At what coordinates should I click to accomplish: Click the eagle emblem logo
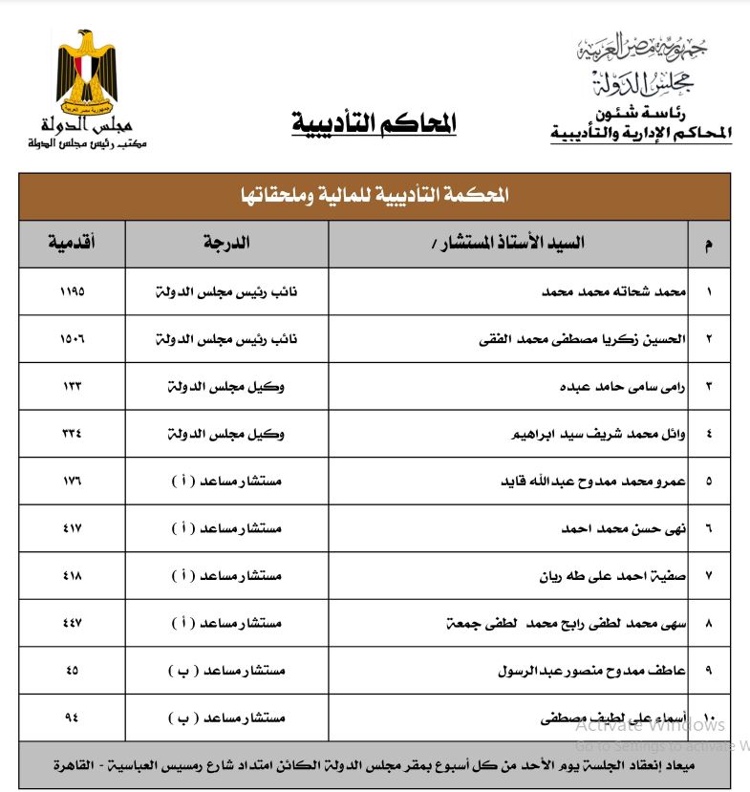pyautogui.click(x=86, y=71)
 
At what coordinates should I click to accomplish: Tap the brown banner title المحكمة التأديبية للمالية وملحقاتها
pyautogui.click(x=374, y=195)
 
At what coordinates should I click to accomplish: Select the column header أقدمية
pyautogui.click(x=72, y=244)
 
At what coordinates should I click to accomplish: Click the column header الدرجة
pyautogui.click(x=226, y=244)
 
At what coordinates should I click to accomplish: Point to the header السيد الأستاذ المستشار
pyautogui.click(x=507, y=244)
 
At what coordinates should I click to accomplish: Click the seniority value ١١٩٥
pyautogui.click(x=72, y=291)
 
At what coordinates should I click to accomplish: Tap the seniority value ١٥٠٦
pyautogui.click(x=72, y=339)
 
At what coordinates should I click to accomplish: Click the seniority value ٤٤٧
pyautogui.click(x=72, y=623)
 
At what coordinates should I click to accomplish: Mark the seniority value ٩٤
pyautogui.click(x=72, y=717)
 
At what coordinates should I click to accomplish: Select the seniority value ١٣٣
pyautogui.click(x=72, y=387)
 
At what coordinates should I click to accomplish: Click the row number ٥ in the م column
pyautogui.click(x=708, y=481)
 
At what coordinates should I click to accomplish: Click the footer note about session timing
pyautogui.click(x=374, y=766)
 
